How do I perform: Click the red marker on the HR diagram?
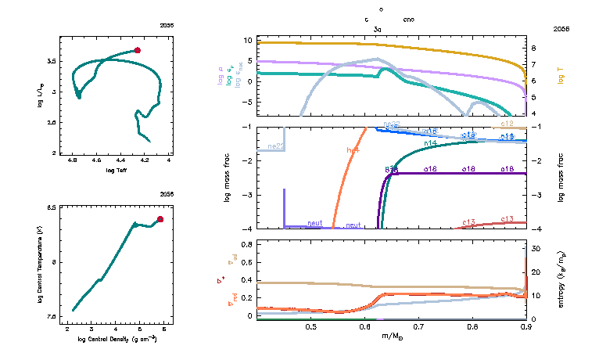pyautogui.click(x=138, y=50)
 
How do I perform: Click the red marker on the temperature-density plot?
pyautogui.click(x=160, y=219)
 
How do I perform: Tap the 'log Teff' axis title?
pyautogui.click(x=117, y=170)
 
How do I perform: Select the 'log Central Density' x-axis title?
pyautogui.click(x=117, y=339)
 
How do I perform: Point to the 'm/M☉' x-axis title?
pyautogui.click(x=391, y=337)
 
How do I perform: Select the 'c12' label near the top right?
pyautogui.click(x=507, y=124)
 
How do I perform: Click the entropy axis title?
pyautogui.click(x=561, y=279)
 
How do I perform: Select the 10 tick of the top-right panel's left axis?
pyautogui.click(x=247, y=39)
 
